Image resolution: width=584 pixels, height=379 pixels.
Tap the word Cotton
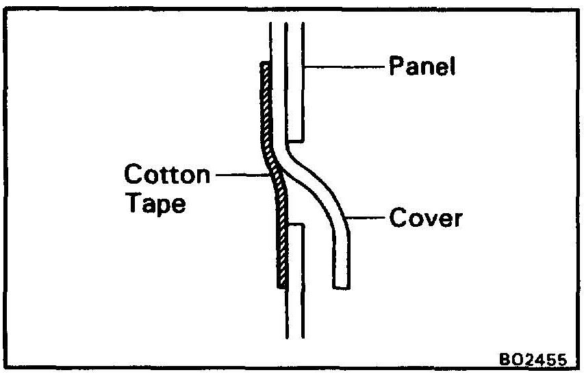coord(167,175)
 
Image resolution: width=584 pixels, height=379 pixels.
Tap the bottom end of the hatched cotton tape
coord(281,286)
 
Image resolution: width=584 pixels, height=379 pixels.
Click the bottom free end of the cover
coord(342,286)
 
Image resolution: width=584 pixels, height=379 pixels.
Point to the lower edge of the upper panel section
coord(295,136)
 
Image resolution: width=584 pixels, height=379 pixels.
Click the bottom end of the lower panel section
coord(294,337)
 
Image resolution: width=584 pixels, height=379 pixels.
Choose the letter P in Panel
coord(394,67)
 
